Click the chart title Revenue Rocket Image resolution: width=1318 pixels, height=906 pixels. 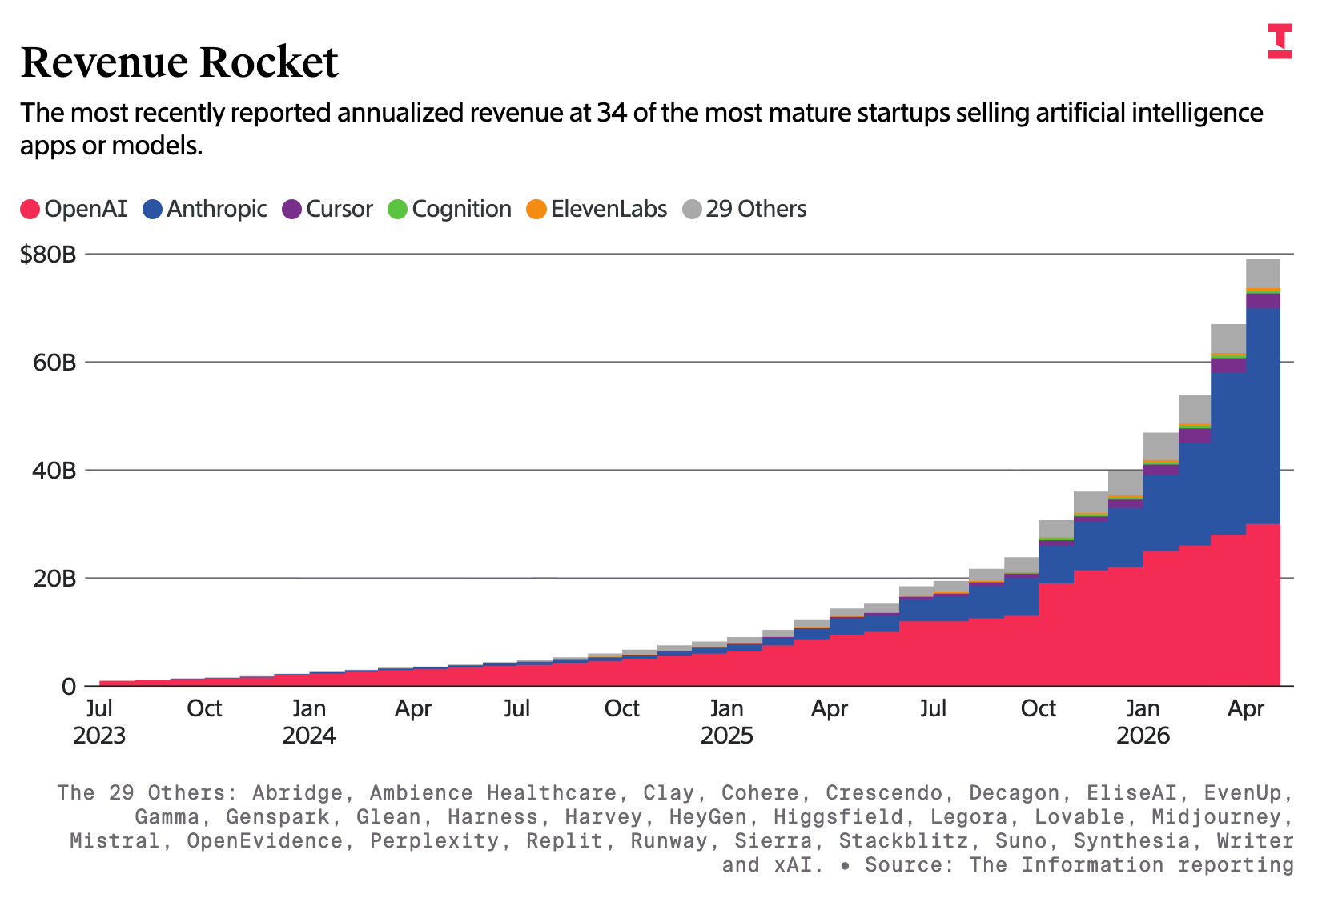179,62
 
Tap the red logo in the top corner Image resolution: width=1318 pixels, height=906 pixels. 1280,41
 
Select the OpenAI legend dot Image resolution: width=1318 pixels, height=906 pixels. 30,210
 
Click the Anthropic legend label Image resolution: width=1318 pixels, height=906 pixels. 216,209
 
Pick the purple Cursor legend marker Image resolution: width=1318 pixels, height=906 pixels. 291,210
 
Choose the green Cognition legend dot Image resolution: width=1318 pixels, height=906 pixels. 398,210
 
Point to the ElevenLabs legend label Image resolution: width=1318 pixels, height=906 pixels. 609,209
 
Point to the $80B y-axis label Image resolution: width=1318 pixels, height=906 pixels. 48,255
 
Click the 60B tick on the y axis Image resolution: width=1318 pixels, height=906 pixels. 54,363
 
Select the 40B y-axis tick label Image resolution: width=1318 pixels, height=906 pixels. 54,471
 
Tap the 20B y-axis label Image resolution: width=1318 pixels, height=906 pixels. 54,579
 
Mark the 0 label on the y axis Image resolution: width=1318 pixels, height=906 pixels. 69,686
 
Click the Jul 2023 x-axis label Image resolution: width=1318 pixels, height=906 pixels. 98,722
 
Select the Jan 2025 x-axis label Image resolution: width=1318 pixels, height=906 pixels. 727,722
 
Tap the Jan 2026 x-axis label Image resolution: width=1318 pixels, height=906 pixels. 1143,722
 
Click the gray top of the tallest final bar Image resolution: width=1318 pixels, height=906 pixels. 1264,274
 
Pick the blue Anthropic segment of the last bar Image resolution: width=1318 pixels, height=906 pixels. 1264,415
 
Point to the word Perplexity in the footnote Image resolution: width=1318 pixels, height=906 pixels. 434,840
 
